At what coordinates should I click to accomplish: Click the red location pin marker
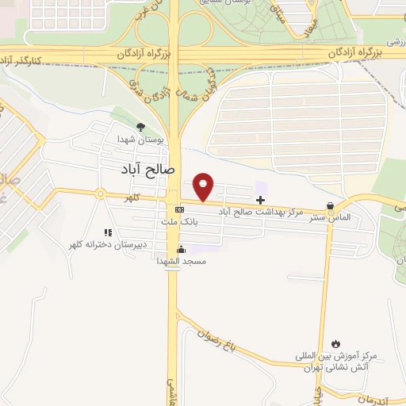point(205,186)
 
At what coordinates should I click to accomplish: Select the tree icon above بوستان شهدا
point(141,127)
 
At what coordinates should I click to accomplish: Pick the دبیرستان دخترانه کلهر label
point(109,246)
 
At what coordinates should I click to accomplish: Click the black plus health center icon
point(261,200)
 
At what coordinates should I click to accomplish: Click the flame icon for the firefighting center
point(336,344)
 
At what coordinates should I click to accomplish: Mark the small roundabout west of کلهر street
point(101,193)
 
